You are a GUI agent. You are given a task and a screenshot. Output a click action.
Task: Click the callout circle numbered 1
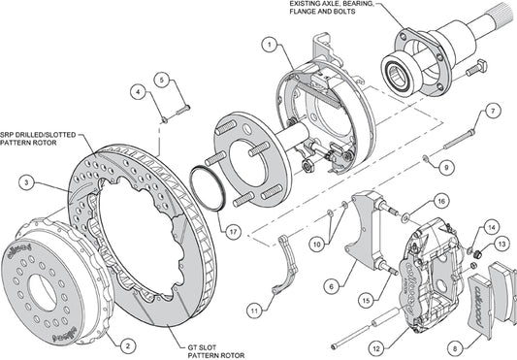[270, 45]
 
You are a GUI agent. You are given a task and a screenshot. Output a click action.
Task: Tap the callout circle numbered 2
[128, 345]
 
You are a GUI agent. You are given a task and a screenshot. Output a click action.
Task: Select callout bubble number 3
[27, 182]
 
